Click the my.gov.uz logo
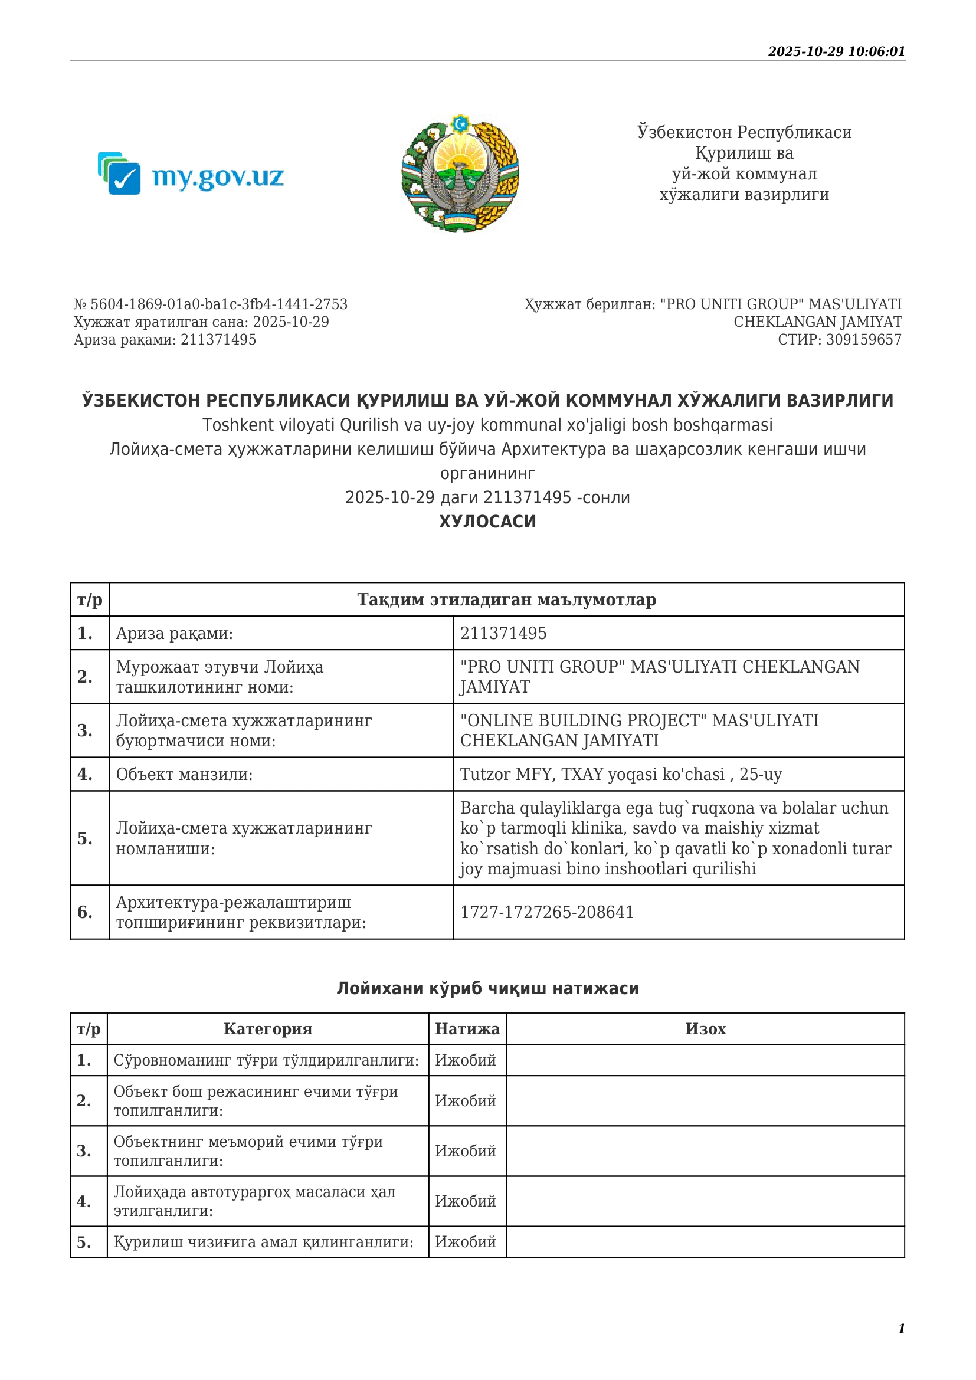(x=191, y=174)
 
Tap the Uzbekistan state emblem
(x=460, y=173)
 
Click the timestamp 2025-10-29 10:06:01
(x=836, y=52)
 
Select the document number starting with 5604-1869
(x=210, y=304)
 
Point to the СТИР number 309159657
(x=863, y=340)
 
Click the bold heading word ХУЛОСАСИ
(x=487, y=522)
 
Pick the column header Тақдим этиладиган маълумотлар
(x=506, y=600)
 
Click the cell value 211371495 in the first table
(x=503, y=634)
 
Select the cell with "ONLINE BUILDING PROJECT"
(x=640, y=730)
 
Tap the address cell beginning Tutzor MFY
(x=621, y=774)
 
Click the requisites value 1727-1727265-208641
(x=547, y=912)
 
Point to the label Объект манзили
(x=185, y=774)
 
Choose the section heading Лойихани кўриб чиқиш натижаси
(x=487, y=989)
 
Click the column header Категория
(x=268, y=1029)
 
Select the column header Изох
(x=706, y=1029)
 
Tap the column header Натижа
(x=467, y=1029)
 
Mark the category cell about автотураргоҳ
(x=255, y=1201)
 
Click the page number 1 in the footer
(x=902, y=1329)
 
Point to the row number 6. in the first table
(x=85, y=912)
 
